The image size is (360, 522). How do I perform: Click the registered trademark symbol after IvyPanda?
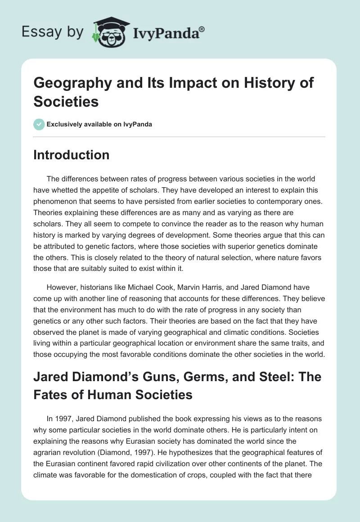coord(202,29)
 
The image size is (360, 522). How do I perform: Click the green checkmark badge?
coord(39,124)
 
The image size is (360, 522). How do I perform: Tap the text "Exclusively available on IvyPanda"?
coord(99,124)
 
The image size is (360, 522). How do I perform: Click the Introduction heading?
coord(72,155)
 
